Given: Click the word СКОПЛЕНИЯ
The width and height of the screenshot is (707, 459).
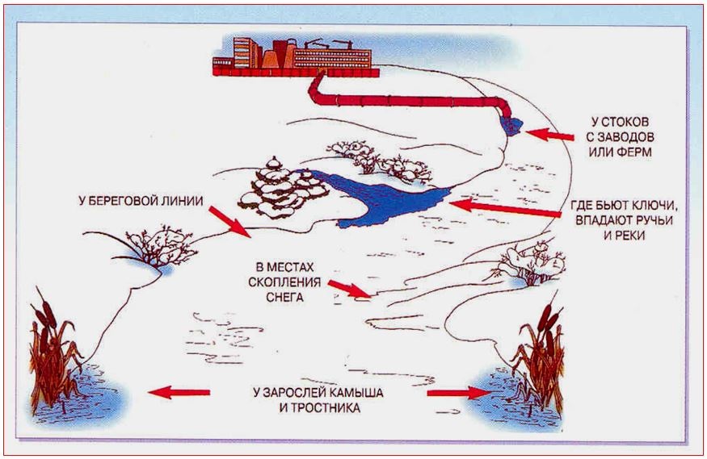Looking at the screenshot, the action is click(284, 282).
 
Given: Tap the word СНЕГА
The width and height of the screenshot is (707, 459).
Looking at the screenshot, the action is click(284, 298).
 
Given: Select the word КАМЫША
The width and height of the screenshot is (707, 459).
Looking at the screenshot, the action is click(356, 392).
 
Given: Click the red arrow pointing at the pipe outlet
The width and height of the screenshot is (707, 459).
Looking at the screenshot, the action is click(549, 135).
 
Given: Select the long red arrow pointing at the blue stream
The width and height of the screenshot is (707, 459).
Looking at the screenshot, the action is click(505, 208).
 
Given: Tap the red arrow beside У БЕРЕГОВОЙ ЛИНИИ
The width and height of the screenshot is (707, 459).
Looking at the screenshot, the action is click(229, 222).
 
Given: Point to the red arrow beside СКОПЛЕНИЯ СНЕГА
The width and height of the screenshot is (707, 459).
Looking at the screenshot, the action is click(350, 290).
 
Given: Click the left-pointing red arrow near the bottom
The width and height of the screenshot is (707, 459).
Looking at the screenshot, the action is click(179, 392).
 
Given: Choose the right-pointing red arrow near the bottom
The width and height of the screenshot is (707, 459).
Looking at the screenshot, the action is click(459, 393).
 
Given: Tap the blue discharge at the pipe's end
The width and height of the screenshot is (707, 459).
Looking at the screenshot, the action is click(511, 126).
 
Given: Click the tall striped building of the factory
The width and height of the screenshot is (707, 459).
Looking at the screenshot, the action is click(243, 52).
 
